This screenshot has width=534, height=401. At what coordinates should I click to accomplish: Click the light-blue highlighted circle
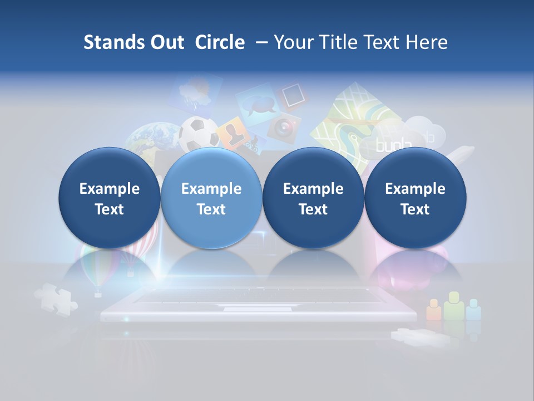[211, 198]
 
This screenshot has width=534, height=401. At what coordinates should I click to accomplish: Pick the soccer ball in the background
[199, 133]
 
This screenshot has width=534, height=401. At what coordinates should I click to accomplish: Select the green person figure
[454, 306]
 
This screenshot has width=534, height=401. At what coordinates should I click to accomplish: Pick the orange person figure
[433, 310]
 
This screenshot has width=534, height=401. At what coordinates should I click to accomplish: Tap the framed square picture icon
[291, 96]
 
